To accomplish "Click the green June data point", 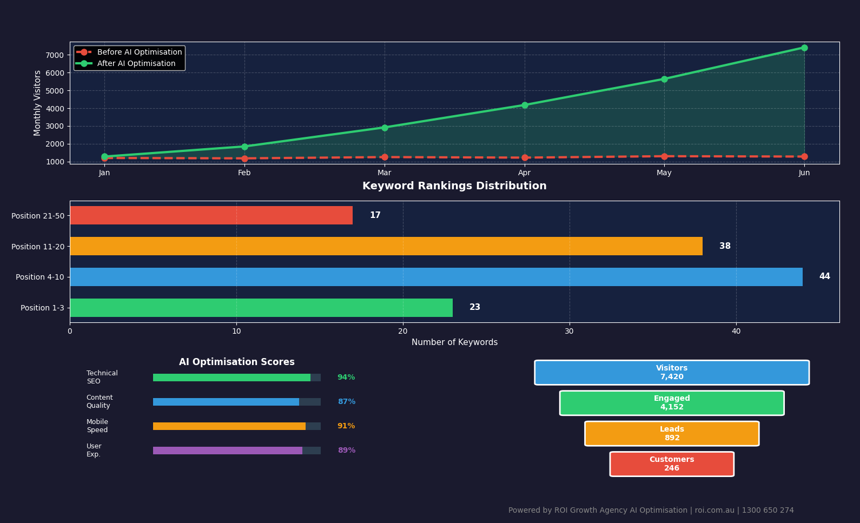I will click(x=804, y=48).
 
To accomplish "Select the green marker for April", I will click(x=524, y=105).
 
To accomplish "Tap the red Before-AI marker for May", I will click(x=664, y=156).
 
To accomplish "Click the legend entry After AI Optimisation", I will click(x=136, y=64).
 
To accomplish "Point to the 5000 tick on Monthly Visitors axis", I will click(x=54, y=91).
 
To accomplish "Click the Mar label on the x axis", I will click(x=384, y=173).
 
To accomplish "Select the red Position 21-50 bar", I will click(x=211, y=215).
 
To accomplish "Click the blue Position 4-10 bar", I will click(x=435, y=277).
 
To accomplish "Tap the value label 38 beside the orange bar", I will click(x=724, y=246).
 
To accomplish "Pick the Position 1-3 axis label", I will click(x=42, y=308).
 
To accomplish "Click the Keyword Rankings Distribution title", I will click(x=454, y=186).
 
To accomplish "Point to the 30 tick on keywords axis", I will click(x=569, y=331).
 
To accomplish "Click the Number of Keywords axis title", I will click(x=454, y=342).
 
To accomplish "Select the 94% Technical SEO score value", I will click(x=346, y=378).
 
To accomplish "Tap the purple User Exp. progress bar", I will click(x=227, y=451).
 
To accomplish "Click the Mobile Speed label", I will click(x=97, y=426).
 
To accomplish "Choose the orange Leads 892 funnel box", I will click(x=671, y=434).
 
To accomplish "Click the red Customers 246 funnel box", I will click(x=671, y=464).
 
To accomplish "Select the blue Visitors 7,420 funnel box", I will click(x=671, y=373).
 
